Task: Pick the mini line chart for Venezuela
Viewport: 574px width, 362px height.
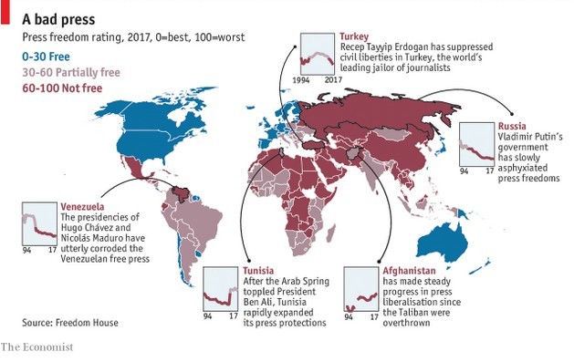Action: click(x=37, y=223)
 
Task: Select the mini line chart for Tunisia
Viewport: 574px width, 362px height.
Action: click(x=221, y=288)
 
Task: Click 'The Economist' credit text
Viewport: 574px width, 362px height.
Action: click(x=37, y=347)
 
